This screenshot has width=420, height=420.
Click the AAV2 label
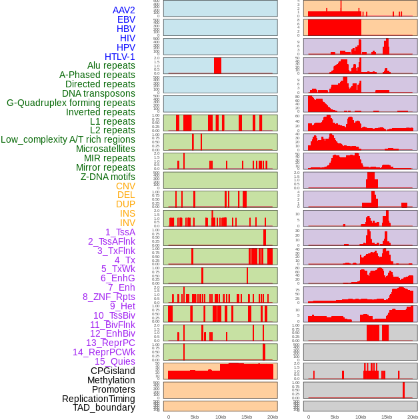[123, 10]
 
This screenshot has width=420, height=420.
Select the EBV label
[126, 19]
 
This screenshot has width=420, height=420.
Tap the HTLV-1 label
[119, 57]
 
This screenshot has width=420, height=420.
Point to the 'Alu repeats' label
[111, 65]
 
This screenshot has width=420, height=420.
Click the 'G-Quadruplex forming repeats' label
[71, 103]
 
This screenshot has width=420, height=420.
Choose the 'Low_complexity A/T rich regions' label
[68, 139]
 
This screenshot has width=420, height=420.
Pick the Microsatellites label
[105, 149]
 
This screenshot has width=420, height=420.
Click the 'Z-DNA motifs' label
[108, 177]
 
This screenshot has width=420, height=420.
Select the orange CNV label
[125, 186]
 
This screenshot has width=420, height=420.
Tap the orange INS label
[127, 213]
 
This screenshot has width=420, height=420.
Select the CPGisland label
[113, 371]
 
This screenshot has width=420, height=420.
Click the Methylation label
[111, 380]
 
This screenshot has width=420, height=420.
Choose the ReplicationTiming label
[98, 399]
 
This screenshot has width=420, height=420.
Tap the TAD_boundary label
[103, 407]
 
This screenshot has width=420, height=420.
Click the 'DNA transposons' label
[99, 93]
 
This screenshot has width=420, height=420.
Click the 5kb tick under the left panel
[195, 417]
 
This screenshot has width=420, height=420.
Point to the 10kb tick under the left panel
[221, 417]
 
